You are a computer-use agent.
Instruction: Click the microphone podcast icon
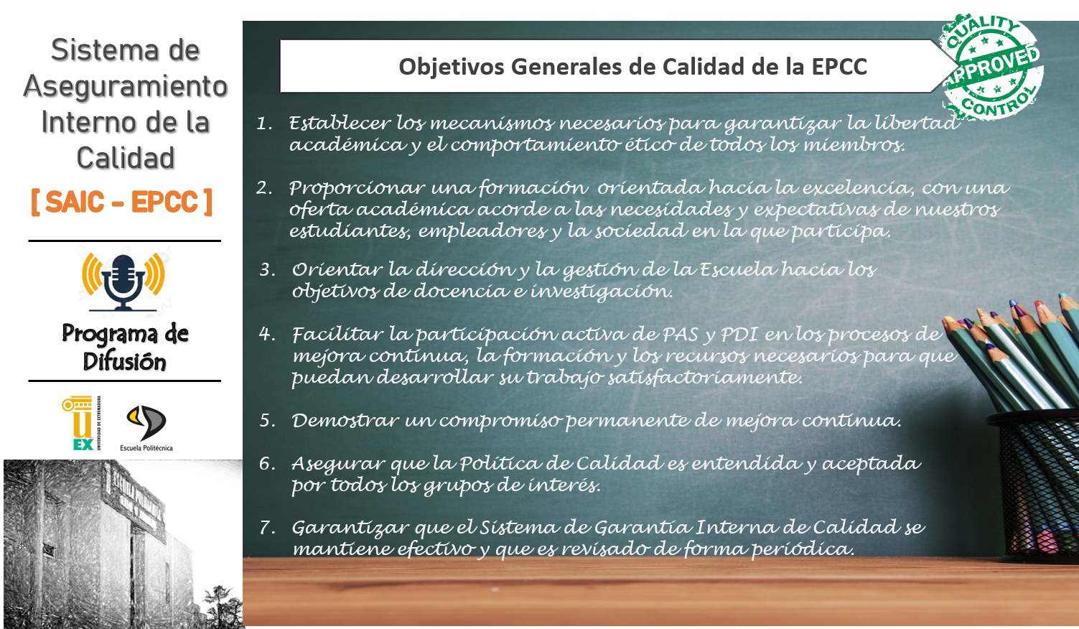[x=123, y=281]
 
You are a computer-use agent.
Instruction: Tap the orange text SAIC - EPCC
[x=121, y=202]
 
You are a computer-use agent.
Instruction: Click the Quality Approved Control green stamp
[x=992, y=67]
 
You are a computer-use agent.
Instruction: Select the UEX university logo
[x=80, y=423]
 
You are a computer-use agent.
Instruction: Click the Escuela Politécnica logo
[x=146, y=427]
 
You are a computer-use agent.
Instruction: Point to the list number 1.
[x=265, y=124]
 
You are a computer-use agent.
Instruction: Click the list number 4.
[x=267, y=334]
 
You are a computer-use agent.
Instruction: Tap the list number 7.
[x=267, y=528]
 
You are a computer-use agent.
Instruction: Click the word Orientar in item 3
[x=337, y=270]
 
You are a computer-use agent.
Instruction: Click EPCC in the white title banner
[x=839, y=67]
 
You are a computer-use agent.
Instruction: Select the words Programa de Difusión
[x=125, y=348]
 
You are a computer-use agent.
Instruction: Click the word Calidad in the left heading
[x=126, y=158]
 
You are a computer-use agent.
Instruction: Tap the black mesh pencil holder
[x=1033, y=481]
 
